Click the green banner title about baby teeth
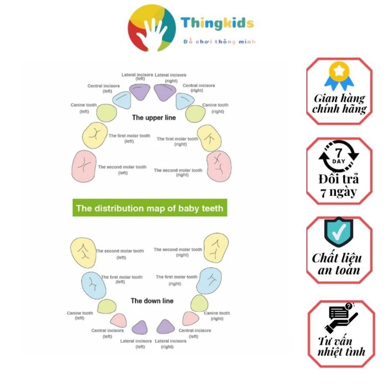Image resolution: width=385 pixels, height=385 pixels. pyautogui.click(x=149, y=208)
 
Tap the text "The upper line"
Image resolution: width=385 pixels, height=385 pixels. pyautogui.click(x=153, y=117)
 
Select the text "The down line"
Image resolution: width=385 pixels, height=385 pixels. pyautogui.click(x=152, y=301)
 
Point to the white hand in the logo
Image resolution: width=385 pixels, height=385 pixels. pyautogui.click(x=153, y=30)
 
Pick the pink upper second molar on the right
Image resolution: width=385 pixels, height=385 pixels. pyautogui.click(x=219, y=164)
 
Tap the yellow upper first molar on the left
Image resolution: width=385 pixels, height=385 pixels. pyautogui.click(x=95, y=136)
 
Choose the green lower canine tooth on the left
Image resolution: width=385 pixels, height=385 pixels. pyautogui.click(x=107, y=306)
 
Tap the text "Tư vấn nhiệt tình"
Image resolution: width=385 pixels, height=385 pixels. pyautogui.click(x=341, y=346)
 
